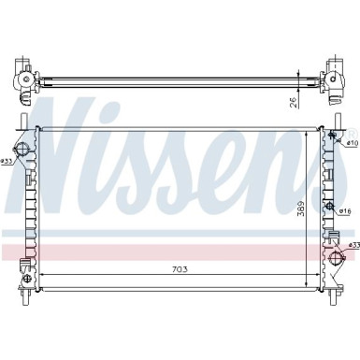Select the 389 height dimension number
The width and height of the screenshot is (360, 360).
tap(302, 209)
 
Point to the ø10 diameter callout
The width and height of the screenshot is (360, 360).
tap(353, 144)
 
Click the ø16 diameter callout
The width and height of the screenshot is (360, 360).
tap(346, 211)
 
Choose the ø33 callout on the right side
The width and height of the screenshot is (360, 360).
tap(353, 245)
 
